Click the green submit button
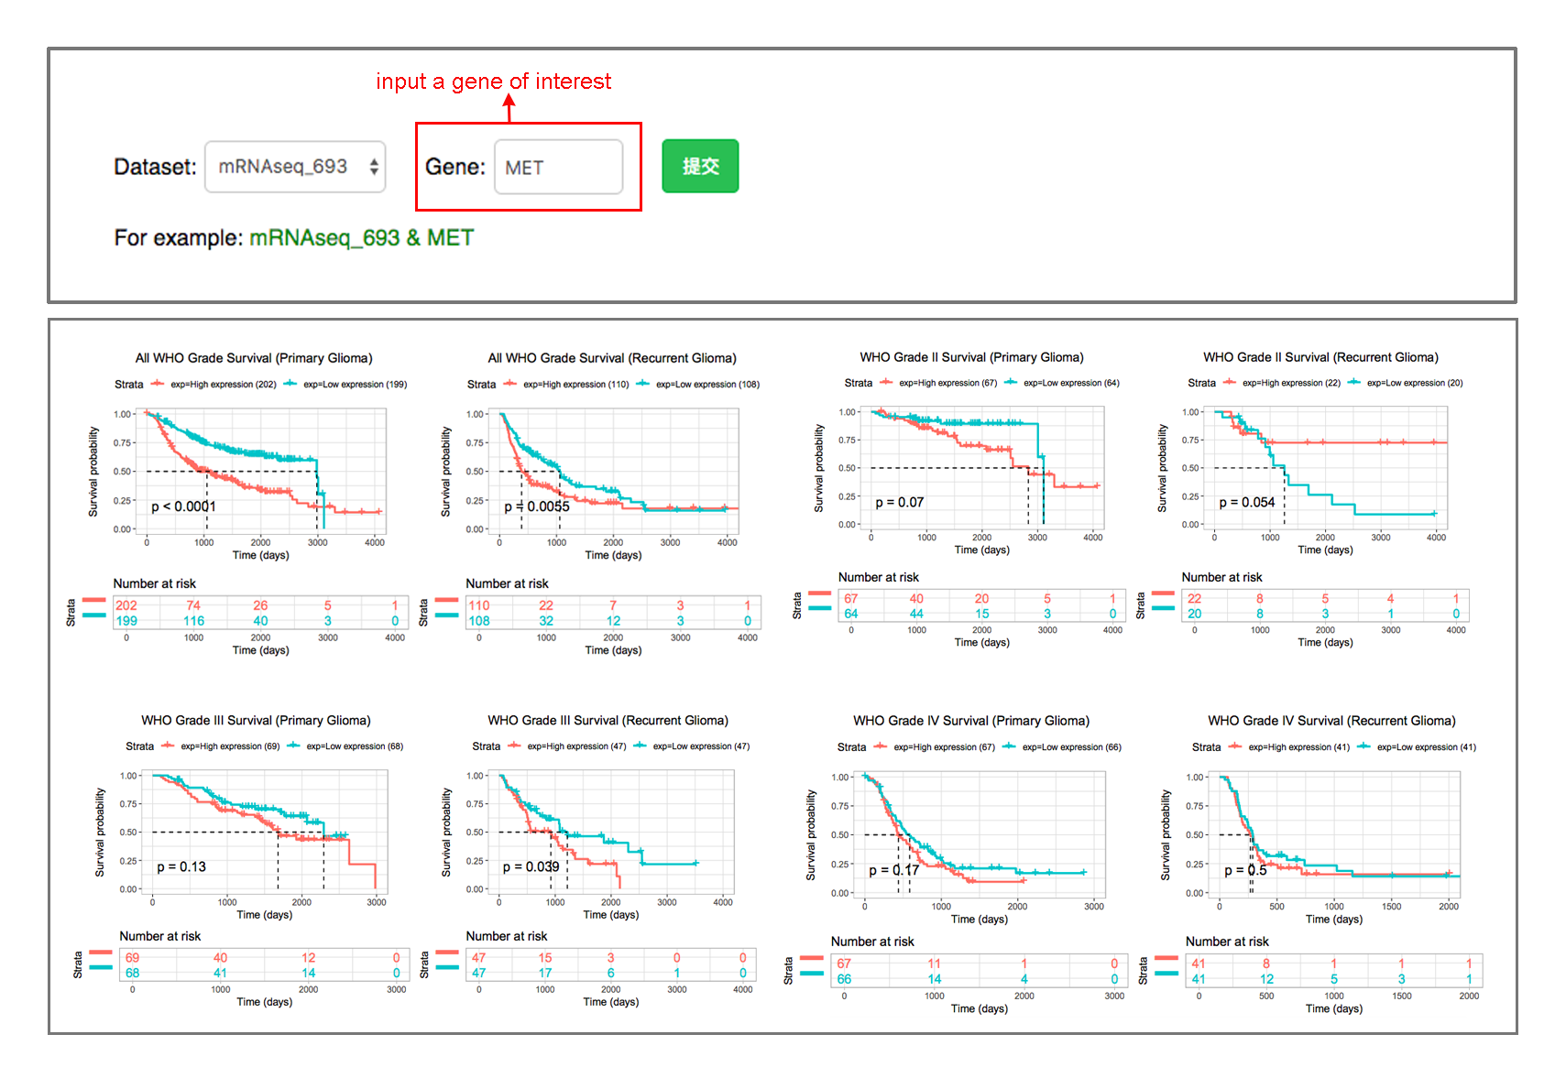click(700, 166)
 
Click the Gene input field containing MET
click(558, 167)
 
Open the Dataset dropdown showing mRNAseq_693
click(295, 167)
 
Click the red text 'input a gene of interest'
click(493, 82)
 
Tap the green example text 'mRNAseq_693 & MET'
click(361, 238)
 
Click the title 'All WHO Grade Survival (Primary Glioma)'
click(254, 358)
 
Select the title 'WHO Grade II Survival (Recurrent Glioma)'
click(1320, 357)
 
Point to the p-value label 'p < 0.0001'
click(183, 506)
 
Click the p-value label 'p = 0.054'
click(1246, 503)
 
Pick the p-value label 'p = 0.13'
click(181, 866)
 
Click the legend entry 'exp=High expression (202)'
click(223, 385)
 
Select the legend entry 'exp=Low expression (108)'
click(707, 385)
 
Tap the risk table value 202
click(126, 605)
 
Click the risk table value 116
click(193, 621)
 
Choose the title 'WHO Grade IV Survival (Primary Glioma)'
click(971, 721)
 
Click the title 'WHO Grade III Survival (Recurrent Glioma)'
click(608, 721)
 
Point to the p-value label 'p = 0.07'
click(899, 503)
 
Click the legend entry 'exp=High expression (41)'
click(1298, 747)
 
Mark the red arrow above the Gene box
click(509, 108)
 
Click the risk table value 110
click(479, 605)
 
